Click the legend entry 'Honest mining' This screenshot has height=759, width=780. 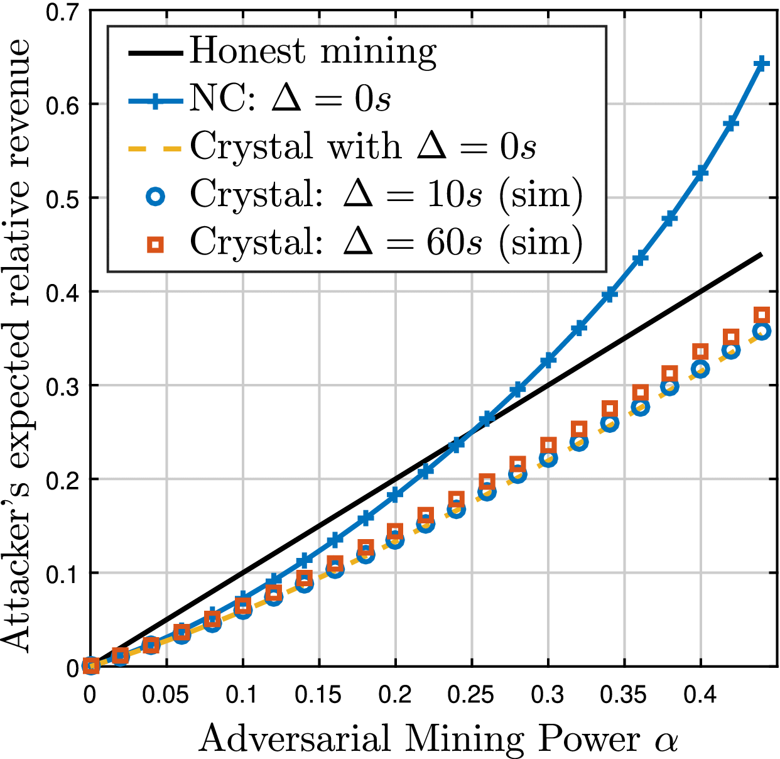coord(313,52)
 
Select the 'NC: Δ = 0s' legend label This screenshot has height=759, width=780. coord(290,99)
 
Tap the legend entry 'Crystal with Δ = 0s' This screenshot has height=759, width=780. coord(363,146)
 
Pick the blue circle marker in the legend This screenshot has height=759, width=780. coord(155,196)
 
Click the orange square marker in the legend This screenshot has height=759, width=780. coord(155,243)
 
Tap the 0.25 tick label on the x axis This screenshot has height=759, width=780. coord(470,695)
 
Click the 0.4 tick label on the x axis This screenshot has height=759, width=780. coord(700,695)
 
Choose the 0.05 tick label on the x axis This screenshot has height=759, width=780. coord(166,695)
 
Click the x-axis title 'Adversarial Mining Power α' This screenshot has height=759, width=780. coord(438,739)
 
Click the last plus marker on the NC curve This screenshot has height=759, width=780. coord(761,64)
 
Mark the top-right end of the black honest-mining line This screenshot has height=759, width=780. coord(761,254)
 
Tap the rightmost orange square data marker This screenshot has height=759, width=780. coord(762,315)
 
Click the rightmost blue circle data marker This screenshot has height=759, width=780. coord(761,331)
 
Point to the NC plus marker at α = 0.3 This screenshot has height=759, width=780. coord(548,360)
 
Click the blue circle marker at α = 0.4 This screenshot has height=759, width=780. coord(700,369)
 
